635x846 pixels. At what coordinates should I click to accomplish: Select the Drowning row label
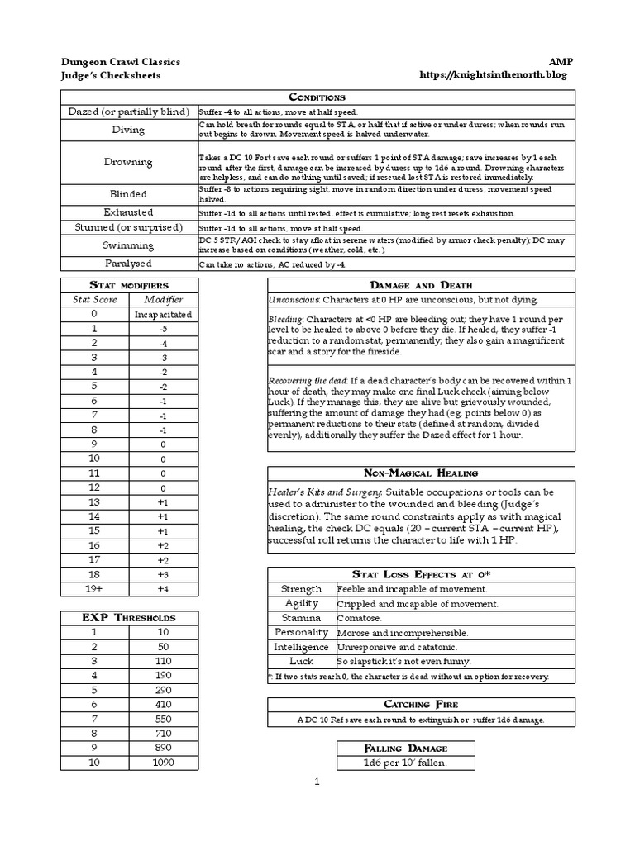(x=128, y=162)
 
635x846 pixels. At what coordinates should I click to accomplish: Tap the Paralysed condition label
(x=128, y=263)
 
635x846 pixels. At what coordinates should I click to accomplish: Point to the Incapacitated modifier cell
(x=163, y=314)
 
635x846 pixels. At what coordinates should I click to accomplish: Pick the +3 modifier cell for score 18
(x=163, y=573)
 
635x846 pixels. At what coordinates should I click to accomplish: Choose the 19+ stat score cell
(x=94, y=588)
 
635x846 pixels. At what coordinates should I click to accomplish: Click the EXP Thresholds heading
(x=128, y=617)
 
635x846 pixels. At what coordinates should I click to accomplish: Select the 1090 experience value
(x=163, y=762)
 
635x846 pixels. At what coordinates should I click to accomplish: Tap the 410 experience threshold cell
(x=163, y=704)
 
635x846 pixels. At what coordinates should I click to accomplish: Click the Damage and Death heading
(x=421, y=284)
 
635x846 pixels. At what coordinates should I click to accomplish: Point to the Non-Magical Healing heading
(x=421, y=473)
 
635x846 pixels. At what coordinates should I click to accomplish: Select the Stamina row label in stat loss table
(x=301, y=617)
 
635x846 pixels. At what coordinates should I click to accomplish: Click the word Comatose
(x=359, y=618)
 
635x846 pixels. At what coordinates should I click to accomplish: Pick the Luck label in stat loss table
(x=301, y=661)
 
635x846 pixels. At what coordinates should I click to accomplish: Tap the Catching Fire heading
(x=421, y=704)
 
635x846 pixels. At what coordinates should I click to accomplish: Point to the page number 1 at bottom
(x=317, y=781)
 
